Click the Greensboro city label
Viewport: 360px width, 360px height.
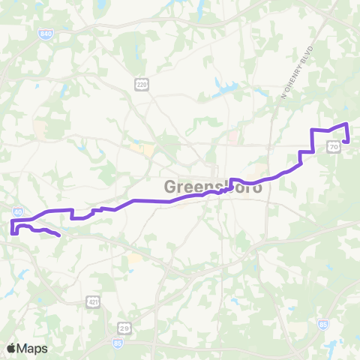[x=214, y=185]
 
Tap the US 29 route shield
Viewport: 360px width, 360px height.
[x=124, y=328]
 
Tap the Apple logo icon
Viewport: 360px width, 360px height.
[x=11, y=348]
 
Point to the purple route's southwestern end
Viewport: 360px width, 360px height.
[x=58, y=236]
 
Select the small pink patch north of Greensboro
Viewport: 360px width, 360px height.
[x=232, y=138]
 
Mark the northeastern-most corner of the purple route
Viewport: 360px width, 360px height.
[x=346, y=124]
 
